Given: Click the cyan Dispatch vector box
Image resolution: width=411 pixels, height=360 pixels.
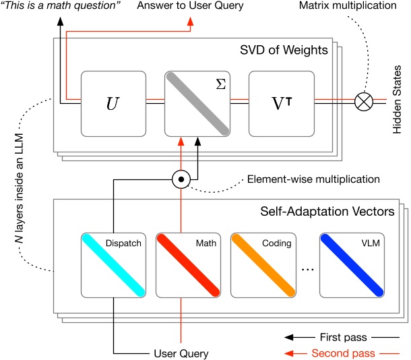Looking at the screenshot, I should coord(113,264).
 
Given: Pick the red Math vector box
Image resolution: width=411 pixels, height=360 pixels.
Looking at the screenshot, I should coord(187,264).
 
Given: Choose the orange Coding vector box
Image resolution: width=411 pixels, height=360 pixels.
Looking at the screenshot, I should coord(263,264).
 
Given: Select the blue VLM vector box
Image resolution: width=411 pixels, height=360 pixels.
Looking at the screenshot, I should coord(352,264).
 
